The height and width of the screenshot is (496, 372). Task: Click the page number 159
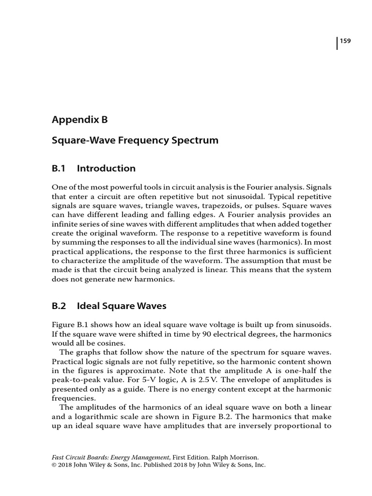click(x=345, y=41)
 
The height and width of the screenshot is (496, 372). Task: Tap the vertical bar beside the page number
click(x=337, y=43)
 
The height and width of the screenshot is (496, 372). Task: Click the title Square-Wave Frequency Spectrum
click(x=135, y=140)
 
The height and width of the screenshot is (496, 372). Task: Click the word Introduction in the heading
click(x=106, y=169)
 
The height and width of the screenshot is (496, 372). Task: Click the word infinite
click(x=65, y=224)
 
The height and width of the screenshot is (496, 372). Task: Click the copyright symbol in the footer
click(x=54, y=464)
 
